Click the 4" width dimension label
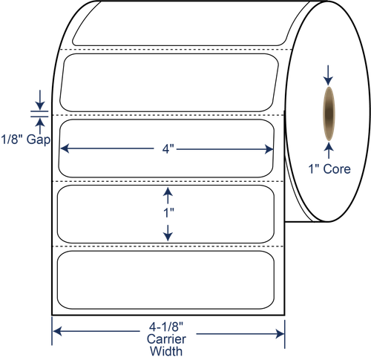(x=168, y=149)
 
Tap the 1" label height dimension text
(x=168, y=213)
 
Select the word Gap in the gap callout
(x=39, y=140)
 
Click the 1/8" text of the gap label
(x=13, y=140)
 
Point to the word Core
(x=337, y=169)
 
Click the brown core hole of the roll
(x=329, y=114)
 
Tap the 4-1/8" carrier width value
(x=166, y=327)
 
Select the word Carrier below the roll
(x=166, y=339)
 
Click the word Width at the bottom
(x=166, y=351)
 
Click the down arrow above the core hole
(x=328, y=75)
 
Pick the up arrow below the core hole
(x=329, y=151)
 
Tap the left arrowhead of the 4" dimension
(x=65, y=148)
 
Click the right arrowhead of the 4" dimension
(x=269, y=149)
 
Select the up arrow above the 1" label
(x=168, y=195)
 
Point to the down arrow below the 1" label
(x=168, y=233)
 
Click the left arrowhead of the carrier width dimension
(x=57, y=331)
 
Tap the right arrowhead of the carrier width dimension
(x=280, y=334)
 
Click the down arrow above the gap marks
(x=40, y=100)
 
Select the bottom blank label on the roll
(x=165, y=280)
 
